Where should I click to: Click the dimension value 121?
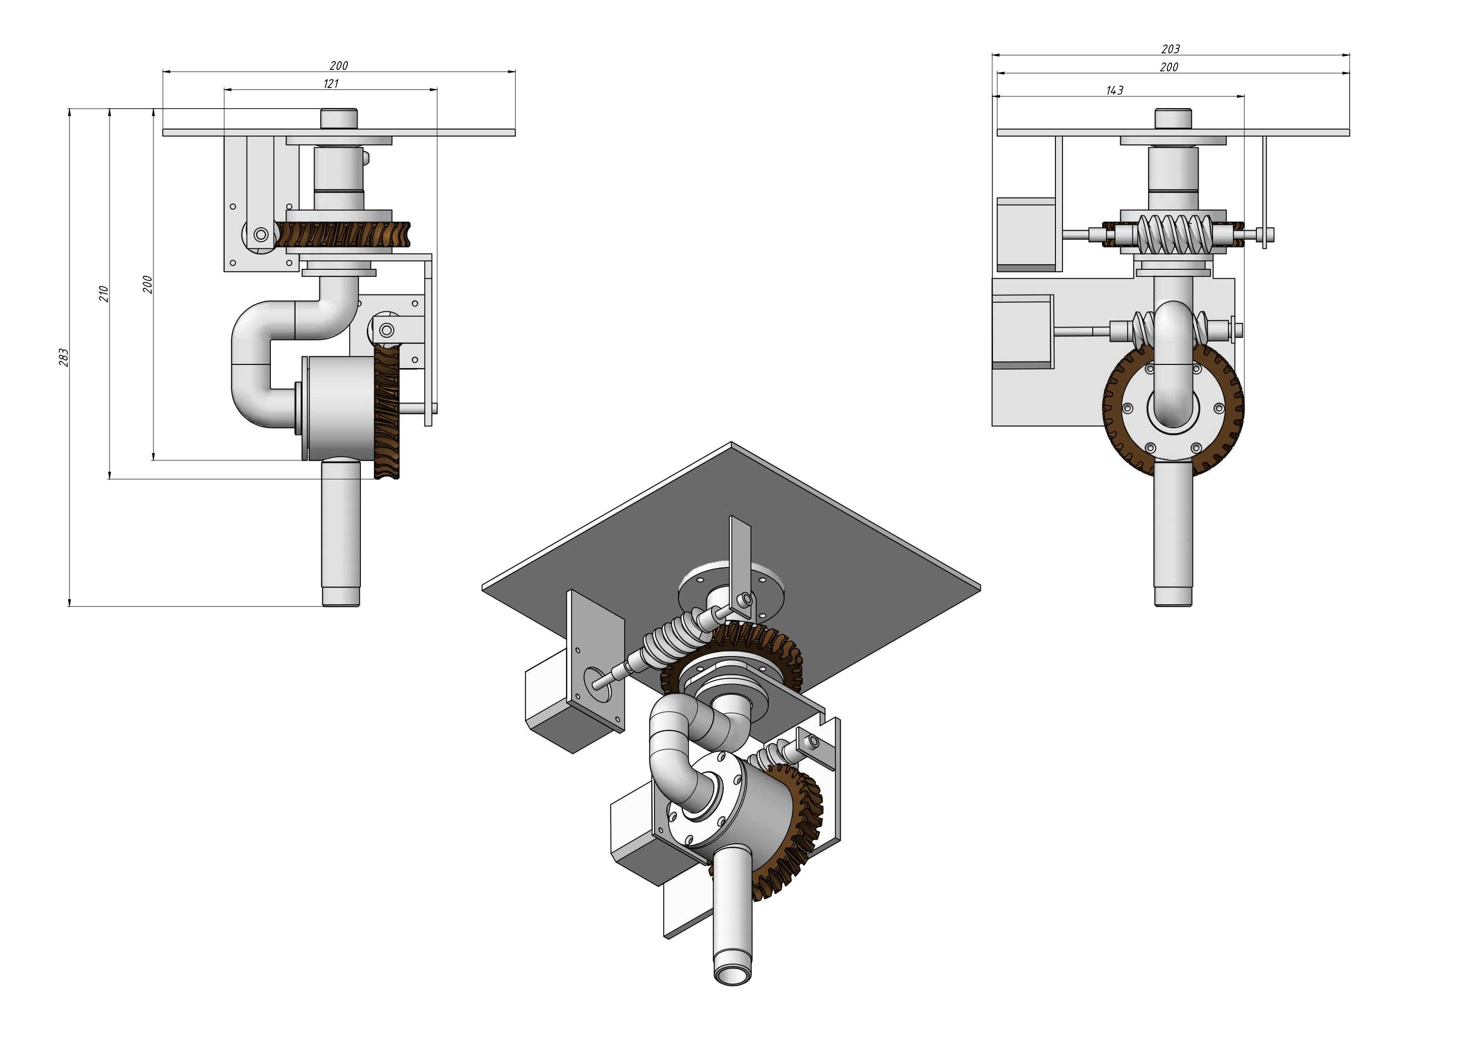[x=331, y=83]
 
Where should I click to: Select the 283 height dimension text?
[x=63, y=357]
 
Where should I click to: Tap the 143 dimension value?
[x=1114, y=90]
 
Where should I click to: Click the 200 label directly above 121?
[x=338, y=65]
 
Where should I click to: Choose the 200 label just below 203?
[x=1169, y=67]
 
